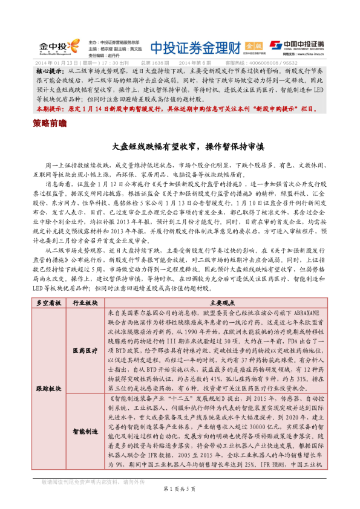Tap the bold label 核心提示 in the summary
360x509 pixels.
coord(50,71)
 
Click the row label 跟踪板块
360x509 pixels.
coord(50,387)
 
